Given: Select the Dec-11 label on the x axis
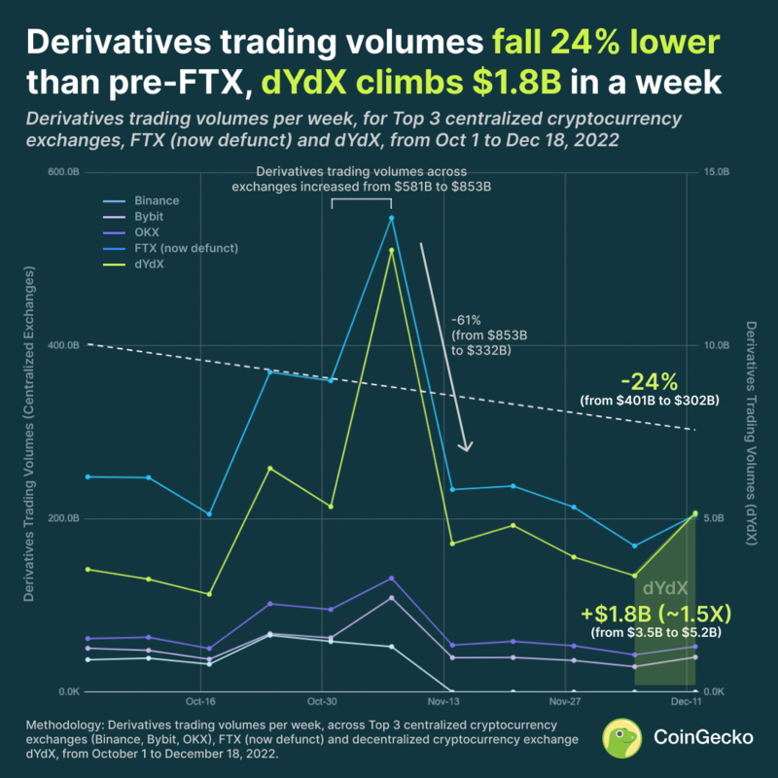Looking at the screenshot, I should pos(687,700).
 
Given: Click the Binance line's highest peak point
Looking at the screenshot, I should pos(392,218).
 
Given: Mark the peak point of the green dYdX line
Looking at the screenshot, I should pos(392,251).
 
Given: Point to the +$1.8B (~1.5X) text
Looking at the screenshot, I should pos(655,614).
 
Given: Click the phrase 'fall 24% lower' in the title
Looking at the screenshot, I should pos(606,43).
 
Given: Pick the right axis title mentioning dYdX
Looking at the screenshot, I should pos(750,433).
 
